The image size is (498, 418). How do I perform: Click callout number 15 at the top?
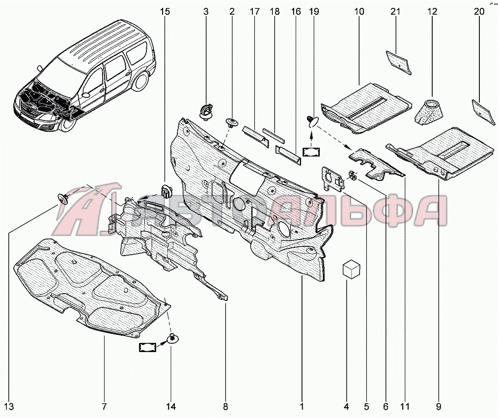pos(166,11)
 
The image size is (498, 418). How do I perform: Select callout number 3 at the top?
pos(206,11)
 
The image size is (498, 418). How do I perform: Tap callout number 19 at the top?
pos(311,11)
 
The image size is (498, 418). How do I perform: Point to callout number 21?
pos(397,11)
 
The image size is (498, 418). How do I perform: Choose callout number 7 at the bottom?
pos(104,407)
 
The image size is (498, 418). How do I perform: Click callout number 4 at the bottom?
pos(346,407)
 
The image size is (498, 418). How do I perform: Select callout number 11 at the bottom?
pos(405,407)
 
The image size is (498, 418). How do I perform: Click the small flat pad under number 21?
pos(398,61)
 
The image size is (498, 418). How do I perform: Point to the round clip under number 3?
pos(207,111)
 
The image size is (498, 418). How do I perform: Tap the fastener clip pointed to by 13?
pos(62,197)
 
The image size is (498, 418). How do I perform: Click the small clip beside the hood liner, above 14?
pos(172,338)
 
